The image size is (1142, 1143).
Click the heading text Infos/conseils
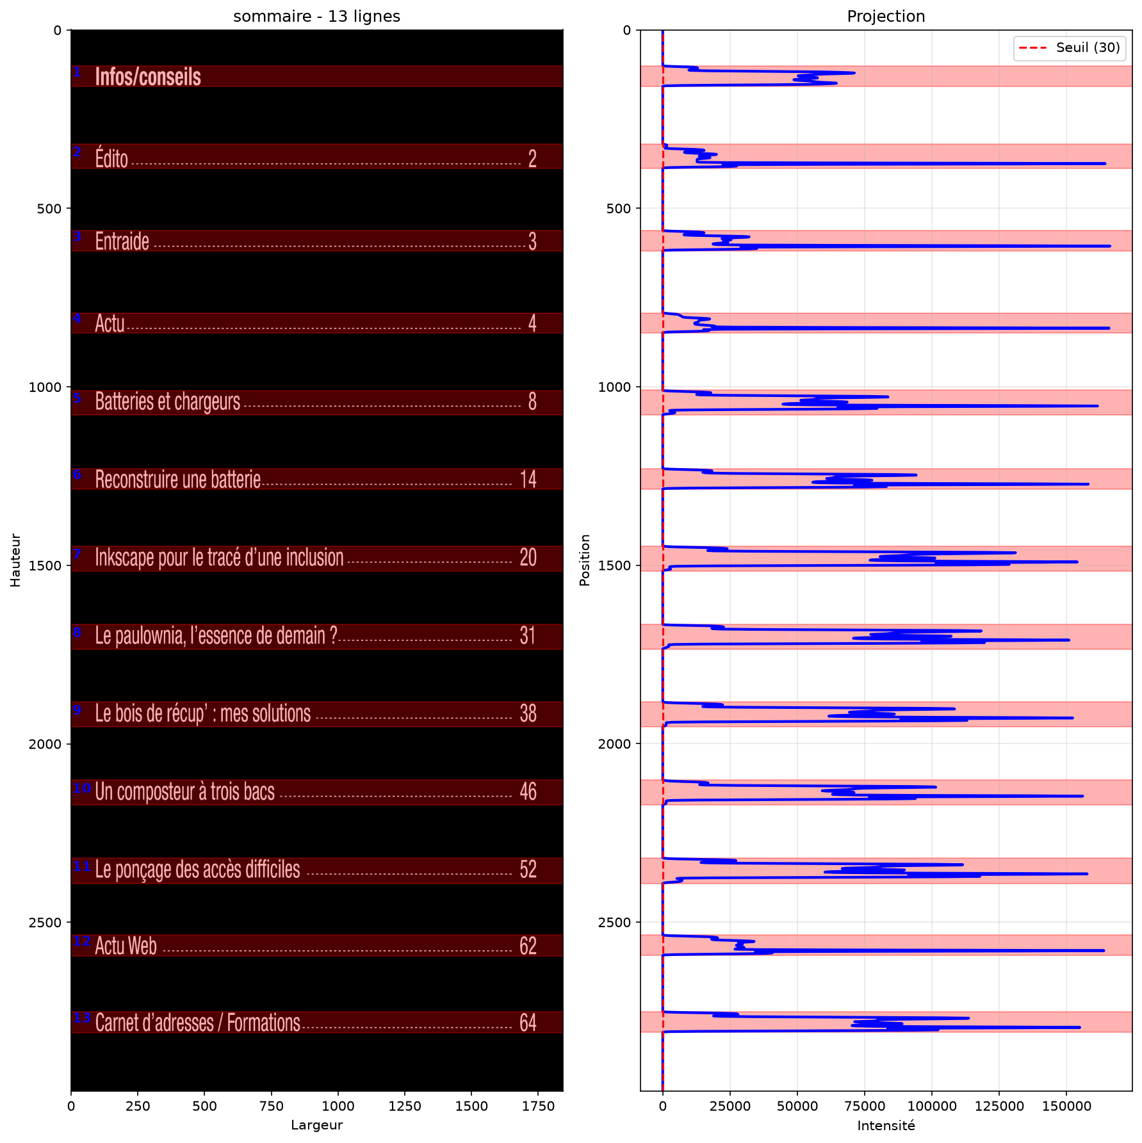click(x=148, y=77)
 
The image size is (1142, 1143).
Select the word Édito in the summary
click(x=111, y=158)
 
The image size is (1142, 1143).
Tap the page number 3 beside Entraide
click(x=532, y=241)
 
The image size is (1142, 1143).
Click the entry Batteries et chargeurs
click(x=168, y=401)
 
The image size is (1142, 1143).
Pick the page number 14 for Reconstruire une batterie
click(x=528, y=479)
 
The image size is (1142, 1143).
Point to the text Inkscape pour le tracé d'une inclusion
click(x=220, y=558)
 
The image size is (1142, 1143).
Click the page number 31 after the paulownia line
click(x=528, y=635)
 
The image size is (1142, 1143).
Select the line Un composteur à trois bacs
click(x=185, y=792)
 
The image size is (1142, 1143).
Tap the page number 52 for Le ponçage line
click(x=528, y=869)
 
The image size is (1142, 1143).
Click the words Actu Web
click(x=126, y=946)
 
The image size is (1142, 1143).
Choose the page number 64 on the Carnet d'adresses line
click(x=528, y=1023)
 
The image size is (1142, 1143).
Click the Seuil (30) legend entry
click(x=1069, y=47)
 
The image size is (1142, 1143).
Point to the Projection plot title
click(x=886, y=17)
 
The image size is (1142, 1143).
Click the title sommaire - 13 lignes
click(x=317, y=17)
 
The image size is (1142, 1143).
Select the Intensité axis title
click(x=886, y=1125)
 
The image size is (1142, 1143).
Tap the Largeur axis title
click(x=317, y=1125)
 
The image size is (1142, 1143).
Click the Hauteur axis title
click(x=15, y=560)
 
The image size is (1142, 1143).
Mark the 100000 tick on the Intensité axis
click(x=932, y=1106)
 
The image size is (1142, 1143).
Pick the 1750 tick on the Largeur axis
click(x=537, y=1106)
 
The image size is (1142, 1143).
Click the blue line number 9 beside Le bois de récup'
click(x=77, y=710)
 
